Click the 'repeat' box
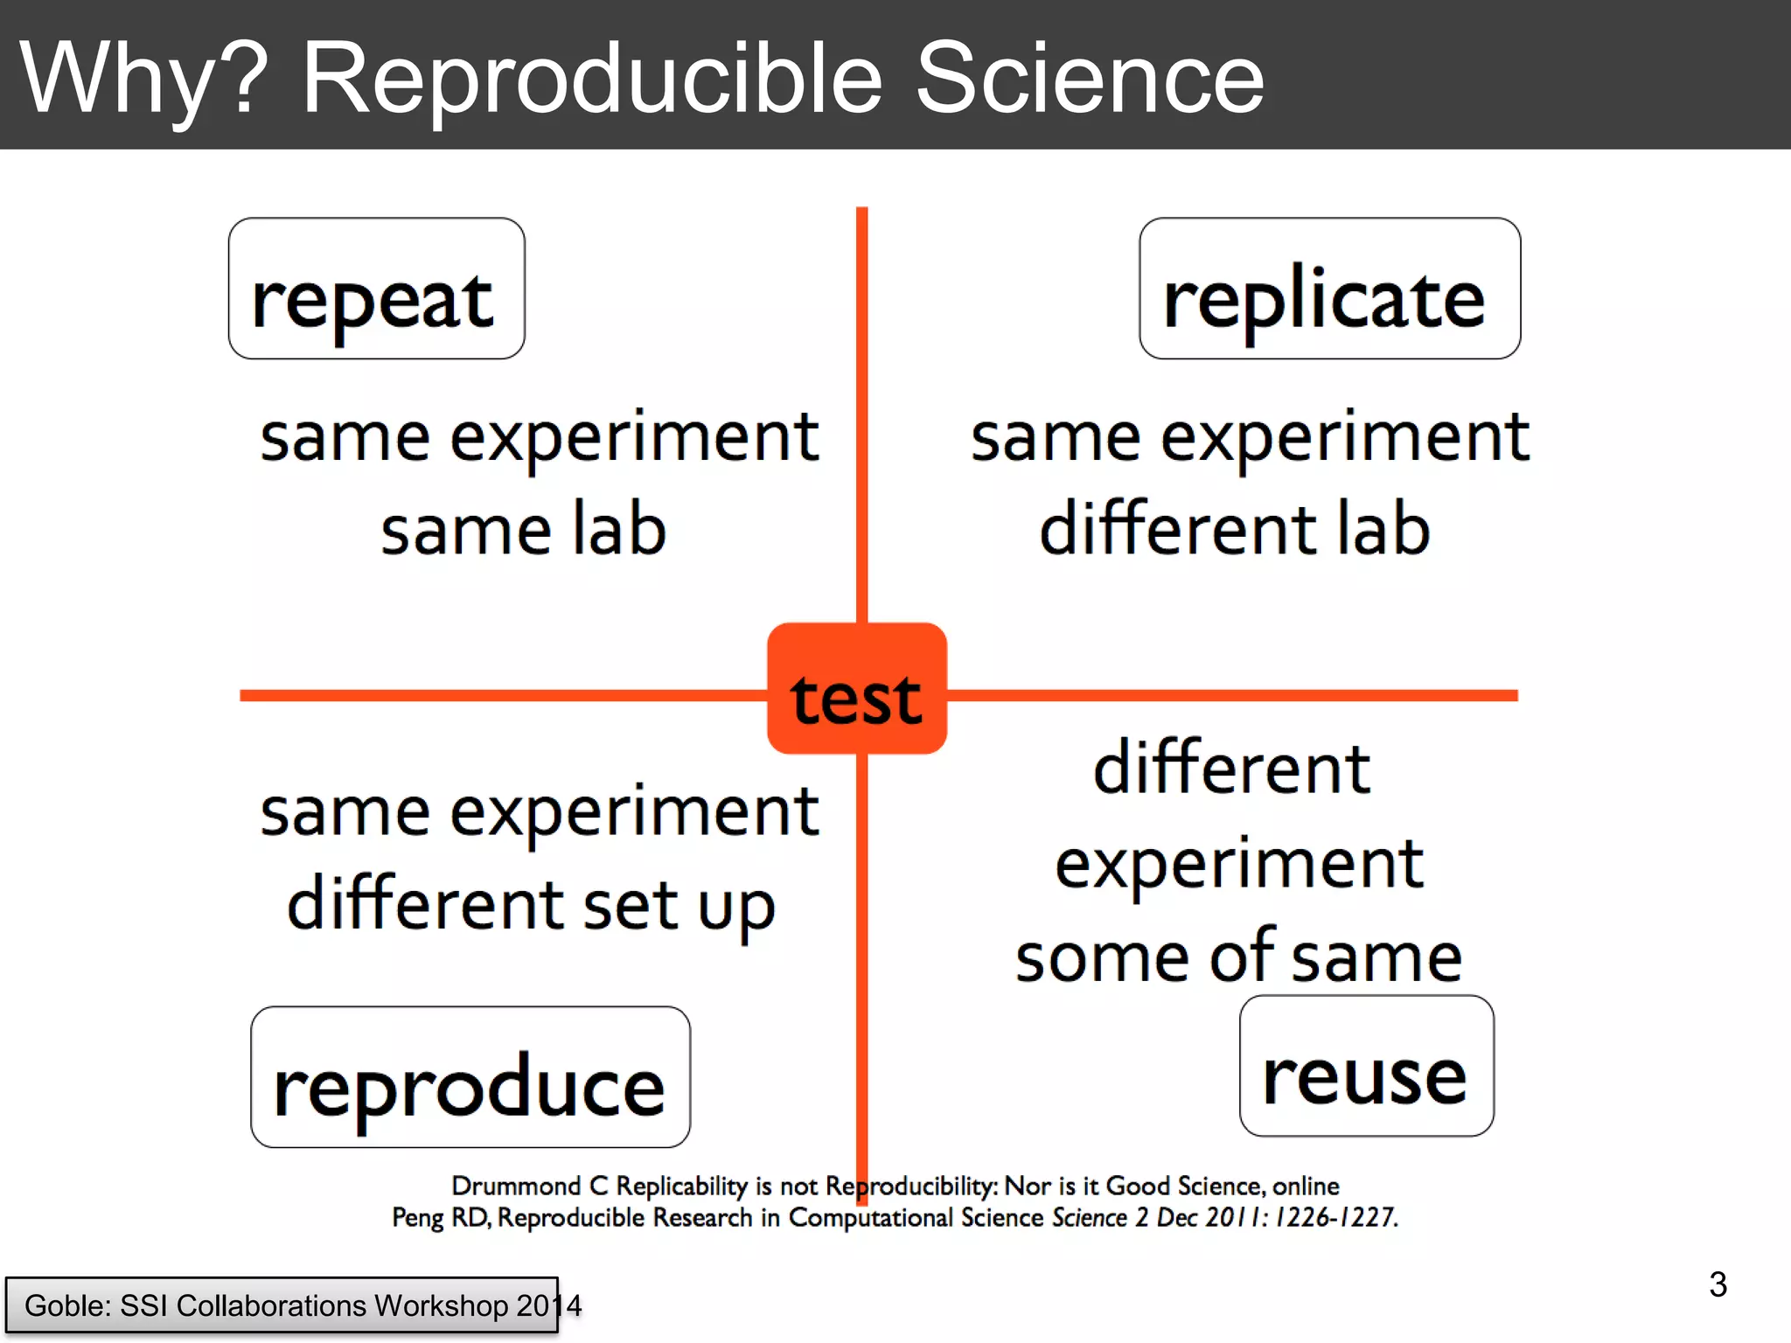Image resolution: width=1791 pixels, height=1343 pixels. click(x=376, y=289)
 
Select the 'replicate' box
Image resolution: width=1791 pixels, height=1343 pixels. click(x=1329, y=289)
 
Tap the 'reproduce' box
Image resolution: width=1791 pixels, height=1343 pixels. click(x=470, y=1077)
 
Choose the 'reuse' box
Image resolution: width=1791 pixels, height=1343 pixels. click(x=1366, y=1067)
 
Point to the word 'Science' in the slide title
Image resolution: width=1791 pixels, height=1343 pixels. click(x=1089, y=79)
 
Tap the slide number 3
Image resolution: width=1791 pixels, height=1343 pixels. click(x=1718, y=1284)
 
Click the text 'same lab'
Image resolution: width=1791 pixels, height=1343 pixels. click(x=523, y=530)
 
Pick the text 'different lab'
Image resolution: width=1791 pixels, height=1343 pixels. click(x=1235, y=530)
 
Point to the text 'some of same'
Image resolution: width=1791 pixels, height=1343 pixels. click(x=1238, y=957)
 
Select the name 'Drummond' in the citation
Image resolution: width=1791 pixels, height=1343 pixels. click(x=515, y=1186)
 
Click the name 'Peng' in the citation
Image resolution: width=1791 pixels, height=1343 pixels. click(x=417, y=1218)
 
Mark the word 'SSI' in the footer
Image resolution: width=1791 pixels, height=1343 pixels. click(x=143, y=1305)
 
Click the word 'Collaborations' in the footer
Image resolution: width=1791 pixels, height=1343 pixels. click(x=271, y=1305)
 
